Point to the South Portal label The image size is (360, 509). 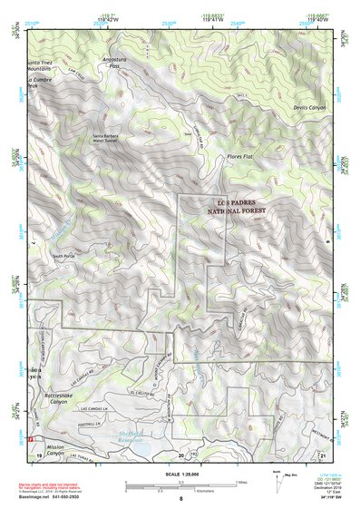click(x=64, y=257)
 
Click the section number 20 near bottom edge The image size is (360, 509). click(x=181, y=453)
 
